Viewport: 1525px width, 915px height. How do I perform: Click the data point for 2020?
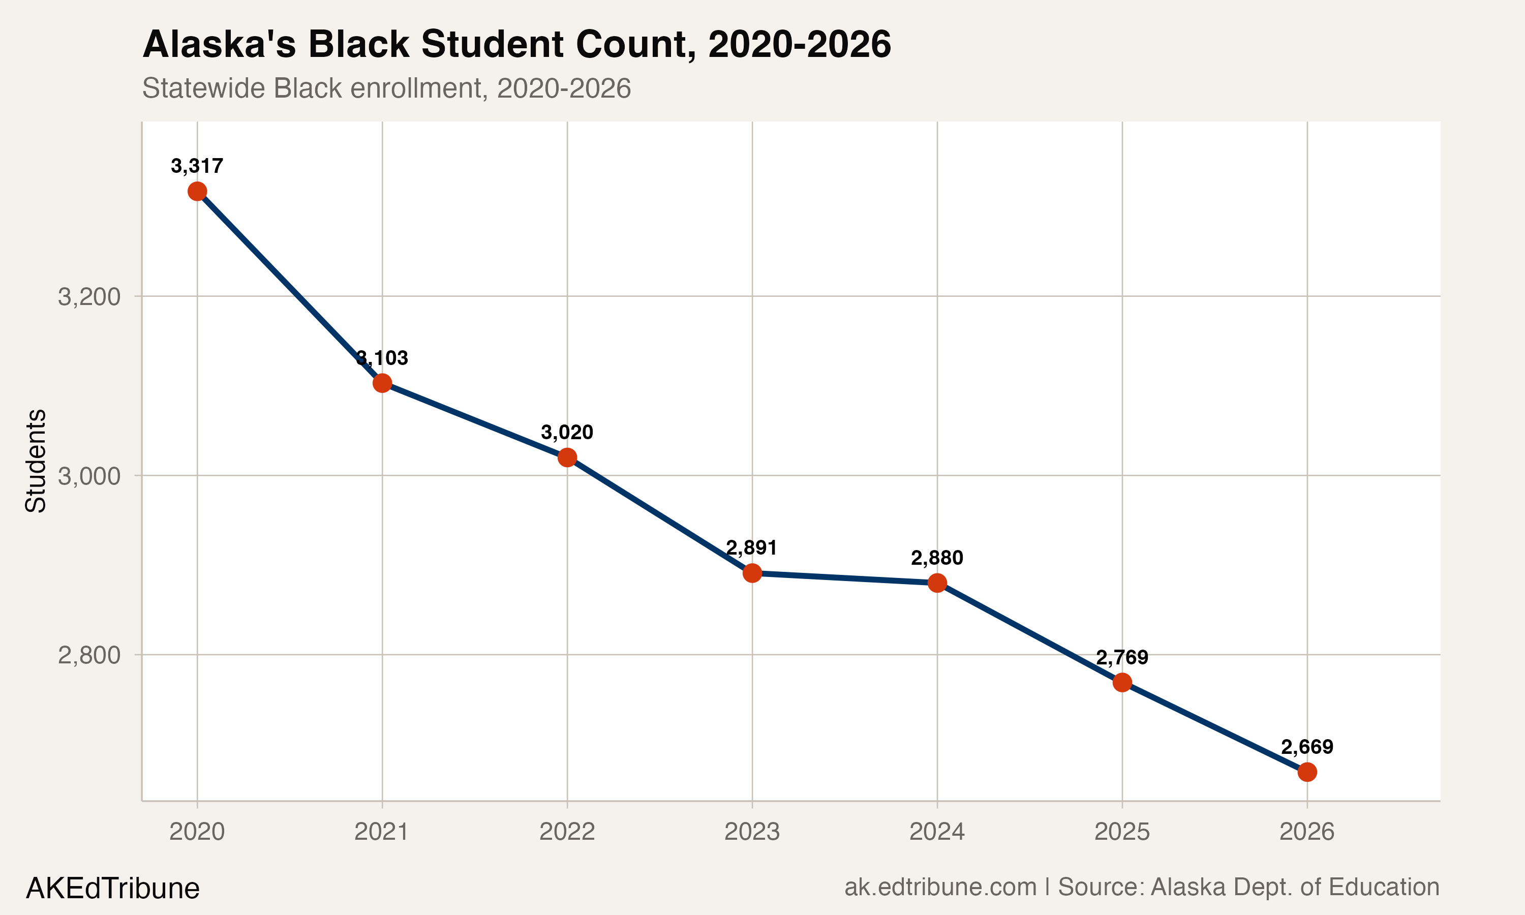click(197, 191)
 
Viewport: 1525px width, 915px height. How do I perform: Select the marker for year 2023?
click(752, 573)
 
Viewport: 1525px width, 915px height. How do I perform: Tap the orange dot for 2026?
click(1307, 772)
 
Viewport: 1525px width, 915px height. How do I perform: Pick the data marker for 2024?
click(937, 583)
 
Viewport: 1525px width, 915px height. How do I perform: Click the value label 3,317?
click(197, 166)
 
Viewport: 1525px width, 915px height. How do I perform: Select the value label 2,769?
click(1122, 657)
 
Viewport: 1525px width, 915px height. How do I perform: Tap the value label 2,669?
click(1307, 747)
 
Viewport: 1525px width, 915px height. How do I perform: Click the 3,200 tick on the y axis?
click(89, 296)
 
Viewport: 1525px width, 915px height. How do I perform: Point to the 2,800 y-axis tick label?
click(89, 655)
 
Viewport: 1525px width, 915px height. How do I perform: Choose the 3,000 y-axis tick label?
click(89, 476)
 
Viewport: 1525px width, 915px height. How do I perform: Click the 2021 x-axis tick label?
click(382, 832)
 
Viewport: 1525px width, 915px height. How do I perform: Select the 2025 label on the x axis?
click(1122, 832)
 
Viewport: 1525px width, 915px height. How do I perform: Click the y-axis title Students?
click(36, 461)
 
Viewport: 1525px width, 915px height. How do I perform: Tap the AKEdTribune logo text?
click(113, 889)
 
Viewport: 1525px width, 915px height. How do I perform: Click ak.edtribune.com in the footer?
click(940, 887)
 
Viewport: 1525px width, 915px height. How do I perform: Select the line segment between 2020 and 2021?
click(289, 287)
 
